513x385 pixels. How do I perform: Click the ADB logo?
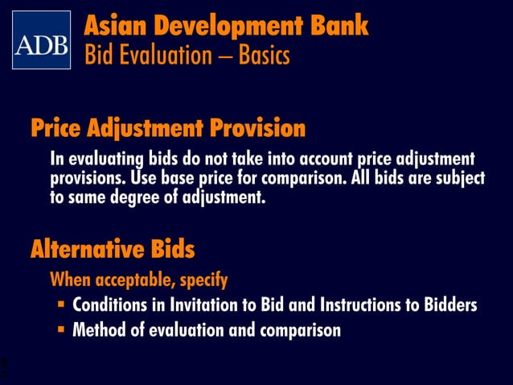pos(41,40)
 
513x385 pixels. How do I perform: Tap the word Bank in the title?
pos(339,26)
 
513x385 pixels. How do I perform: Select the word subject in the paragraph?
pos(455,177)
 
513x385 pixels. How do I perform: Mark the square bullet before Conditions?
pos(61,306)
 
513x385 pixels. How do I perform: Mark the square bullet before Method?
pos(61,330)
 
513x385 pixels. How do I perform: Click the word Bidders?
pos(451,306)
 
